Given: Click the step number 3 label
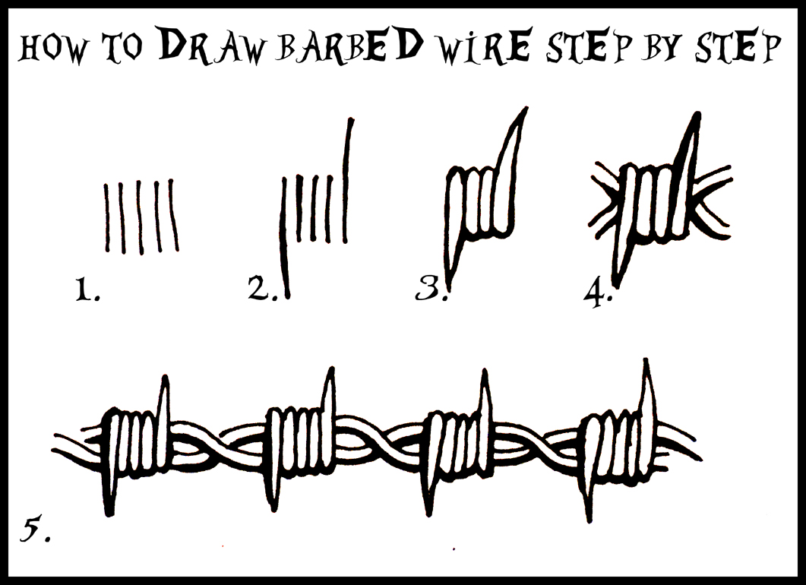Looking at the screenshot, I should tap(431, 289).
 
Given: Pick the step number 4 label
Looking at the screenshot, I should tap(598, 292).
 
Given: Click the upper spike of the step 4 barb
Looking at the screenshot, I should tap(692, 133).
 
